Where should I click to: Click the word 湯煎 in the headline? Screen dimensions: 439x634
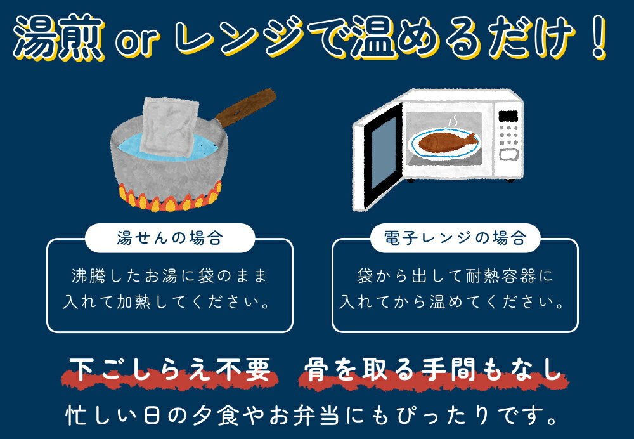tap(60, 39)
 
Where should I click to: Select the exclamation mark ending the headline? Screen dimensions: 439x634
tap(596, 39)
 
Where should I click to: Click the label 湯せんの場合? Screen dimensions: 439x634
tap(169, 239)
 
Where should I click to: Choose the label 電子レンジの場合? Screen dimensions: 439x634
tap(455, 239)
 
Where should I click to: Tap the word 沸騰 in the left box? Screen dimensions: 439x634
tap(91, 277)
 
